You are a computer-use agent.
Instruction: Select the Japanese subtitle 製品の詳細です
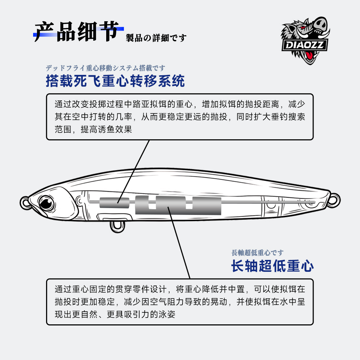(x=156, y=38)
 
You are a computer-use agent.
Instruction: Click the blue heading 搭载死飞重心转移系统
(x=115, y=81)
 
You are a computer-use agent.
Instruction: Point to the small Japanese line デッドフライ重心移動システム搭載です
(x=105, y=68)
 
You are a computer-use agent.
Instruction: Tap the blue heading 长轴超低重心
(x=272, y=266)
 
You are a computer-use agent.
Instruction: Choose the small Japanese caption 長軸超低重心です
(x=257, y=253)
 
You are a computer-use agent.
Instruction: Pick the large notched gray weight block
(x=178, y=205)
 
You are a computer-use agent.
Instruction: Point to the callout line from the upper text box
(x=137, y=169)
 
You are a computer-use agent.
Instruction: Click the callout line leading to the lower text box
(x=180, y=245)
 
